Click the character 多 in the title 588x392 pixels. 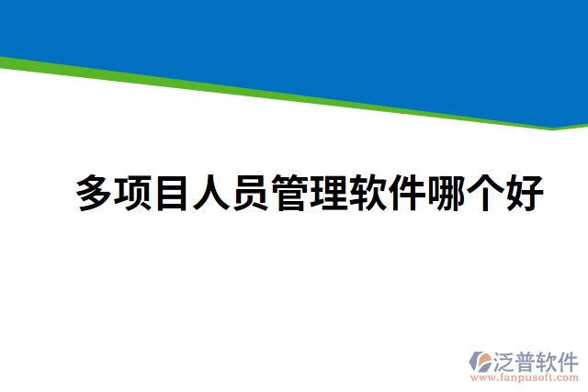[x=95, y=194]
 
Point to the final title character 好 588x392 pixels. [x=525, y=194]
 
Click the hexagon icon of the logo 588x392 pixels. [x=480, y=360]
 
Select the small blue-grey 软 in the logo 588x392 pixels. [x=548, y=360]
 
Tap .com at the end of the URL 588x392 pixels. [x=568, y=377]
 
